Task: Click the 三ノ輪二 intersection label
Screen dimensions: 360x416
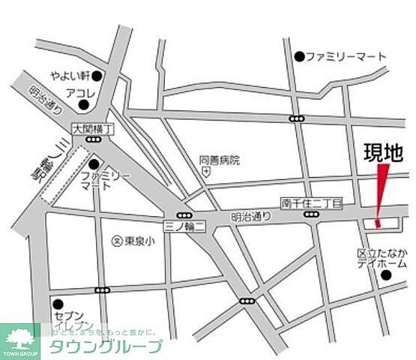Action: pyautogui.click(x=184, y=226)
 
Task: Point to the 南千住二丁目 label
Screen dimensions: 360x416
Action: pyautogui.click(x=311, y=203)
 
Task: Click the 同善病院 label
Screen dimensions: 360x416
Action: pyautogui.click(x=220, y=160)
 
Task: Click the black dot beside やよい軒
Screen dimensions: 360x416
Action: pyautogui.click(x=97, y=76)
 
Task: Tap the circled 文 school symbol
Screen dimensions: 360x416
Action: pyautogui.click(x=117, y=241)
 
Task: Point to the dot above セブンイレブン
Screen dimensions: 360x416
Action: pyautogui.click(x=58, y=304)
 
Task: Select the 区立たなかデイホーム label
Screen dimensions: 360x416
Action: pyautogui.click(x=382, y=259)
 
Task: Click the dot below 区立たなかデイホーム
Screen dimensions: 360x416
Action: pyautogui.click(x=386, y=275)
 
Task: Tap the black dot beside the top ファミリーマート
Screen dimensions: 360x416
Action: pyautogui.click(x=299, y=56)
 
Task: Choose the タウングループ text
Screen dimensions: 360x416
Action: pyautogui.click(x=106, y=346)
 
